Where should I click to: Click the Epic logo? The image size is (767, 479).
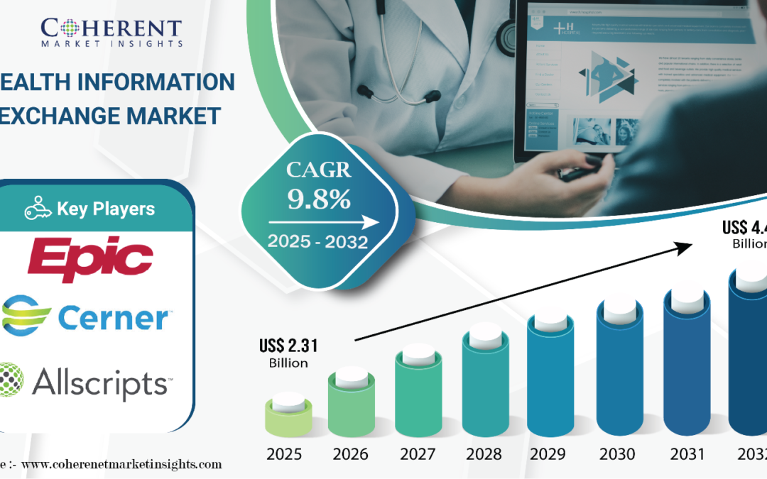tap(90, 258)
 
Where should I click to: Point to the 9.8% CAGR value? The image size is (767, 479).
tap(319, 199)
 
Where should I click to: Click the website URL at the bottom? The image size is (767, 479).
tap(121, 465)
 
